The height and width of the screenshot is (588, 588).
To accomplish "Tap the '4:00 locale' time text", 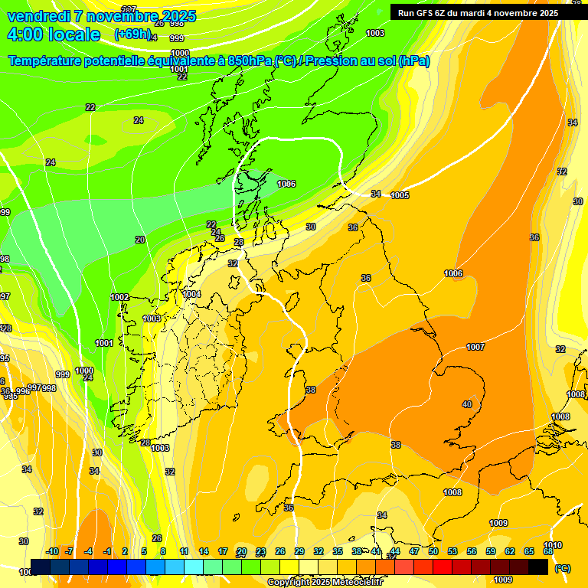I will [54, 34].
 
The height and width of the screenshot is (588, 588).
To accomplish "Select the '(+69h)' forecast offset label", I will [132, 34].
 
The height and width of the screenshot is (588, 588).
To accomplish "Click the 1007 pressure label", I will [475, 347].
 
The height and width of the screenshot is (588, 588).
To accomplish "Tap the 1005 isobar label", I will [400, 195].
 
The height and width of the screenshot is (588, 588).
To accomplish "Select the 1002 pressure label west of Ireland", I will [119, 297].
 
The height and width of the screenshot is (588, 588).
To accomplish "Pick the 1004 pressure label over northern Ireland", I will [191, 294].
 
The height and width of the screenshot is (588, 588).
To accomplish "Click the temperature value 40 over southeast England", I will [467, 404].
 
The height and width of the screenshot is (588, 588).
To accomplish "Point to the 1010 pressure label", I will [553, 546].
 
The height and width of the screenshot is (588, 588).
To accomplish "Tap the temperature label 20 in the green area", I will [140, 240].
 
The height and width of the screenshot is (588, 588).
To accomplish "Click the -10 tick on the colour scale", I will [52, 551].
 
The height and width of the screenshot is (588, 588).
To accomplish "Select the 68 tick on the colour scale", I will [548, 551].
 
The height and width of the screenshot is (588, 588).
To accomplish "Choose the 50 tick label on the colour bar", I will [433, 551].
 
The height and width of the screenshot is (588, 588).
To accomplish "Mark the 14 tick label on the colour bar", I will [204, 551].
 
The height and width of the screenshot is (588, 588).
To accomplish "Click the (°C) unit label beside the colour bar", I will [563, 568].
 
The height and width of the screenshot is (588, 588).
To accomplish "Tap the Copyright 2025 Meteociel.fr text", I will [322, 582].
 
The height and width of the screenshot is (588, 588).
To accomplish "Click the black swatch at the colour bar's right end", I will [538, 567].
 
